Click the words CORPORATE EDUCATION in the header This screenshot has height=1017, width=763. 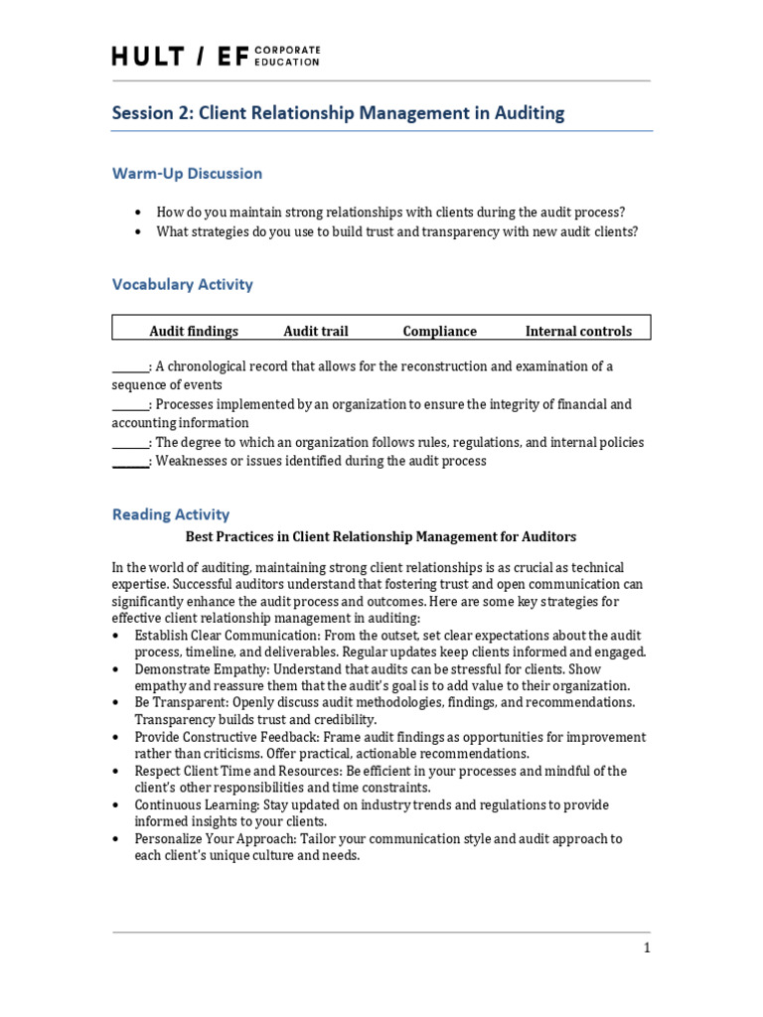tap(288, 56)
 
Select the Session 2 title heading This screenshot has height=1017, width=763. tap(338, 113)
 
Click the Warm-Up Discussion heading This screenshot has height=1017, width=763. tap(187, 174)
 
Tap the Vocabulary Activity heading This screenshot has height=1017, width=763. tap(182, 285)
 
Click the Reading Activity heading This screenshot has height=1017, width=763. tap(170, 514)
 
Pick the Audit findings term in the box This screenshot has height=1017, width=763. tap(194, 332)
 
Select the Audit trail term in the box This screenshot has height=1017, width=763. tap(316, 332)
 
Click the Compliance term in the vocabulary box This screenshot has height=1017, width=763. tap(439, 332)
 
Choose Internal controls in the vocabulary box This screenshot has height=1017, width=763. tap(578, 332)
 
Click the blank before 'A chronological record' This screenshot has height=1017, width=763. tap(129, 367)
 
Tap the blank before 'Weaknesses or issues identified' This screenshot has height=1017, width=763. tap(129, 462)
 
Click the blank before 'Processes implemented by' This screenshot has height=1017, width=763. tap(129, 405)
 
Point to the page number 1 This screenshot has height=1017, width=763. tap(647, 948)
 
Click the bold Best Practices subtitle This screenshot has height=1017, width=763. tap(381, 537)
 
